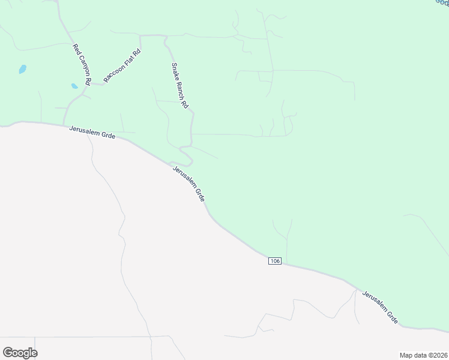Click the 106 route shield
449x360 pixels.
click(x=275, y=260)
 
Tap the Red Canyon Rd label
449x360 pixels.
click(x=82, y=64)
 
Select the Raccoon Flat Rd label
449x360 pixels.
click(x=122, y=66)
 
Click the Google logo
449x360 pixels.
click(x=20, y=352)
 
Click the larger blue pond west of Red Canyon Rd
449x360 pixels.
click(x=23, y=69)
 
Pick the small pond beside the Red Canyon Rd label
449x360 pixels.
click(x=74, y=86)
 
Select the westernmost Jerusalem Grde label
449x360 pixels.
click(x=92, y=132)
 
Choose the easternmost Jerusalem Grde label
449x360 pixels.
click(x=380, y=308)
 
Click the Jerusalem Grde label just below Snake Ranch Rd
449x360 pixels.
click(x=188, y=184)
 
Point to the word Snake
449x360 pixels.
click(x=175, y=71)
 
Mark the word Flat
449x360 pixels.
click(x=128, y=61)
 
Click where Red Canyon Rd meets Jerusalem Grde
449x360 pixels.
click(x=64, y=125)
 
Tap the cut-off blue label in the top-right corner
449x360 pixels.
click(x=442, y=2)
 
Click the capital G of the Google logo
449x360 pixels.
click(x=8, y=352)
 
